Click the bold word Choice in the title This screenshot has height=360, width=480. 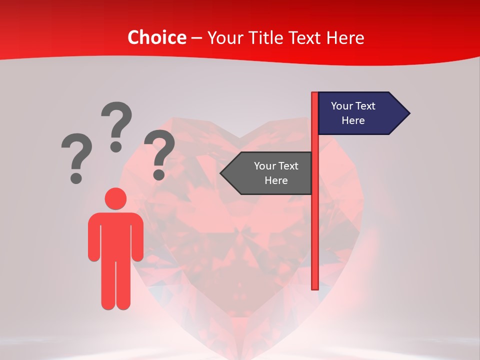(157, 37)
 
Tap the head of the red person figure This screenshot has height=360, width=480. (115, 198)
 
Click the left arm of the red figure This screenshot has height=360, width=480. (94, 237)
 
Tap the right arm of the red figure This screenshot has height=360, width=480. (138, 237)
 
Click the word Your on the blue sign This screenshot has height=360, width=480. (342, 106)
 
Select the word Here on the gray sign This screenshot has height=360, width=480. (276, 180)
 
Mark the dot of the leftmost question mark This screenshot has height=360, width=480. (76, 177)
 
